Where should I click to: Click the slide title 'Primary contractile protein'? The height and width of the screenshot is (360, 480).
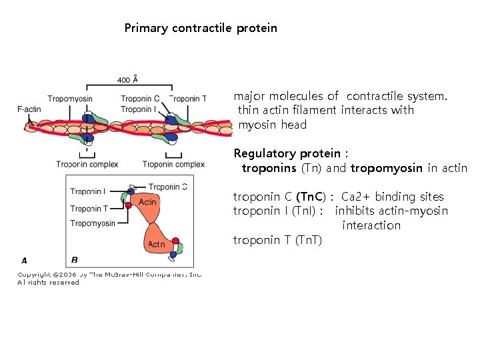[x=201, y=28]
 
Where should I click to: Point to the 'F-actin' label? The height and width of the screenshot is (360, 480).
[x=29, y=109]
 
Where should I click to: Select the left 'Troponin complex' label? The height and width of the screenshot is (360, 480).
[x=87, y=164]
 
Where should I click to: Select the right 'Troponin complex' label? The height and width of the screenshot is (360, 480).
[x=173, y=164]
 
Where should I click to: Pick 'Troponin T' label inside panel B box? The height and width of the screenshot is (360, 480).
[x=89, y=209]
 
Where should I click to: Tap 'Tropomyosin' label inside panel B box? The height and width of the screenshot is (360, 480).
[x=93, y=223]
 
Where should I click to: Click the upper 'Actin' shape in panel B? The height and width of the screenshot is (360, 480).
[x=147, y=202]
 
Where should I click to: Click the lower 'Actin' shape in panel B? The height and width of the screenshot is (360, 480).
[x=156, y=245]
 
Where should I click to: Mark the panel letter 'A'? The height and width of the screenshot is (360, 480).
[x=24, y=260]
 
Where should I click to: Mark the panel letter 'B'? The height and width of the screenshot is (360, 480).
[x=74, y=260]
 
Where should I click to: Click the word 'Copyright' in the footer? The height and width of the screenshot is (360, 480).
[x=32, y=274]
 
